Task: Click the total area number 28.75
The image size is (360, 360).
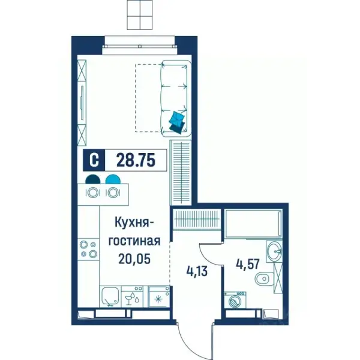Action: click(136, 160)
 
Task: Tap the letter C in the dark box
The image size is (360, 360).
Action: click(94, 160)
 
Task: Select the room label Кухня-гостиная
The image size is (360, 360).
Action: click(134, 232)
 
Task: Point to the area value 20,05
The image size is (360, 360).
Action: click(134, 259)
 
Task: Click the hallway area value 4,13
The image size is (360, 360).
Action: click(197, 271)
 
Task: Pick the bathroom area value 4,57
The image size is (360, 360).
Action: click(248, 264)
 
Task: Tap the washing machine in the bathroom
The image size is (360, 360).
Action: click(235, 300)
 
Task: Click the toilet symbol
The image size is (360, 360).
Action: click(264, 279)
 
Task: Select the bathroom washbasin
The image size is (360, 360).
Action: click(274, 251)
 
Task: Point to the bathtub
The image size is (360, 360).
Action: click(253, 223)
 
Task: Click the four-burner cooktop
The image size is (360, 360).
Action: click(88, 250)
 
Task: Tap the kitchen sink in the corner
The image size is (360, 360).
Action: click(110, 296)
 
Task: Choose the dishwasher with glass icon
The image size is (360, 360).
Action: click(132, 296)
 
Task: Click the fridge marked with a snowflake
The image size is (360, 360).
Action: click(159, 296)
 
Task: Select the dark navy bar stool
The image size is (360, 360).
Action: click(93, 179)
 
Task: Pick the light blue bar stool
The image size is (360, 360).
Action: click(113, 179)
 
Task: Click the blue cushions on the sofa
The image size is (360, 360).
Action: click(177, 122)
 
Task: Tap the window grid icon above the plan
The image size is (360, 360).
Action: click(140, 14)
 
